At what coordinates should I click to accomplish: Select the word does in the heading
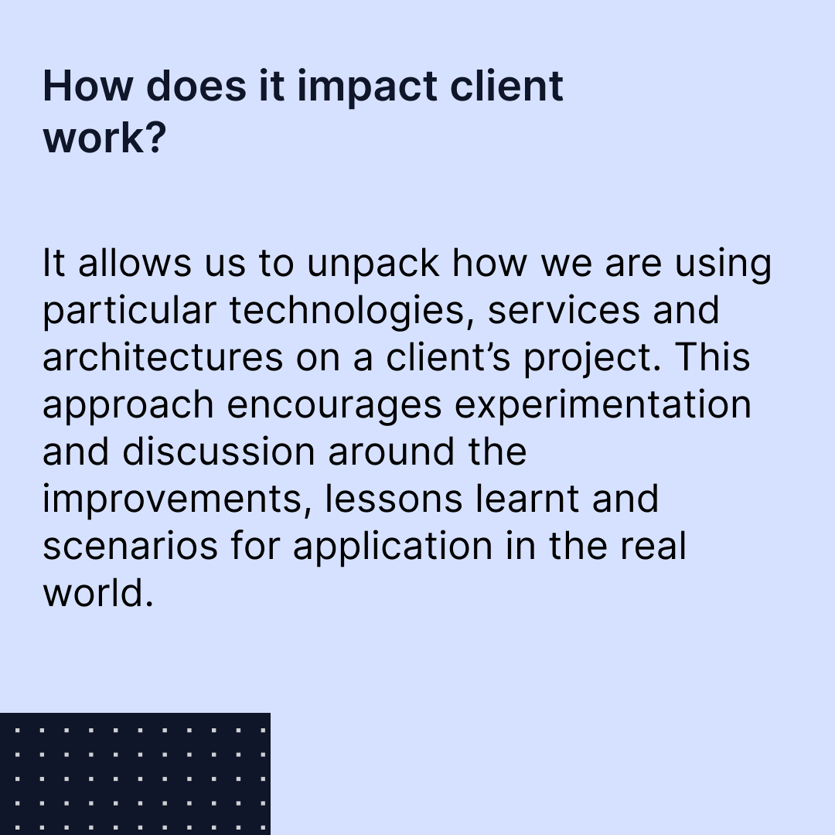coord(195,87)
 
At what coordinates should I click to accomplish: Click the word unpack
coord(373,265)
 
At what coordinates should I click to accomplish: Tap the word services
coord(565,311)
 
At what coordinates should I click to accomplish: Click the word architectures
coord(163,358)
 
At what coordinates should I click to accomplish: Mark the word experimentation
coord(603,405)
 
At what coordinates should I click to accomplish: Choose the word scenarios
coord(130,547)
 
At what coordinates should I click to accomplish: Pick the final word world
coord(94,593)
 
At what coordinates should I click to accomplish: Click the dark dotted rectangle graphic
coord(135,773)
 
